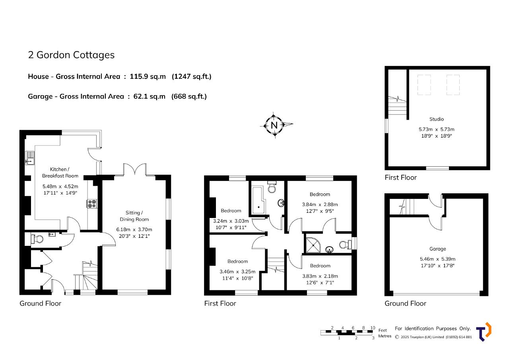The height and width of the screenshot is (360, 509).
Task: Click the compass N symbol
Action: click(274, 125)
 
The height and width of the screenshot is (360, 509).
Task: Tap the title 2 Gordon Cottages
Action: click(71, 55)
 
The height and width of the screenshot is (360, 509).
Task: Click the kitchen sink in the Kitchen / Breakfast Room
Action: click(30, 158)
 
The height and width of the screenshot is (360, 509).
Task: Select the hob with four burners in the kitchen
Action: click(92, 203)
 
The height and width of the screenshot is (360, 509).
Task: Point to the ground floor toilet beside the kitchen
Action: click(37, 239)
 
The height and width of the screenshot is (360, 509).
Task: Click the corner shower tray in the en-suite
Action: click(313, 245)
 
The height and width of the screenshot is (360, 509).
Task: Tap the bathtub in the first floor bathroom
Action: click(258, 200)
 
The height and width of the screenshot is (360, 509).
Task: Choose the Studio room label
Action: click(436, 119)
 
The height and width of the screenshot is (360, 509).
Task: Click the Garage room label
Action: click(437, 249)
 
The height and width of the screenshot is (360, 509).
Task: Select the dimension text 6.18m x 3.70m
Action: click(134, 229)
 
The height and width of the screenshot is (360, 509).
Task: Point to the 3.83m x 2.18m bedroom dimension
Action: click(320, 276)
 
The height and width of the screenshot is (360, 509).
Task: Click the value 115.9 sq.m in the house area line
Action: click(148, 77)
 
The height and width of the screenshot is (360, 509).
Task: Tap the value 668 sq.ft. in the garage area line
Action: click(189, 96)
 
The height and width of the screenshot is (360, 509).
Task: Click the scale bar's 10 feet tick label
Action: click(373, 328)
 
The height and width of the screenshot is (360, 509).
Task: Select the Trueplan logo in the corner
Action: click(484, 332)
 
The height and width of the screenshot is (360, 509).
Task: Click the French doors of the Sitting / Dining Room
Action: click(135, 169)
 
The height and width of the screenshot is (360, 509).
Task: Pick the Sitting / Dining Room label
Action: click(134, 216)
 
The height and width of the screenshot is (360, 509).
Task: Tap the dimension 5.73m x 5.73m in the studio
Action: click(436, 129)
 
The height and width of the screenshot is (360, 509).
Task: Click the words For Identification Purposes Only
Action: click(433, 329)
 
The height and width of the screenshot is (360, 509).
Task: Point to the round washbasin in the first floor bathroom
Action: click(281, 203)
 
